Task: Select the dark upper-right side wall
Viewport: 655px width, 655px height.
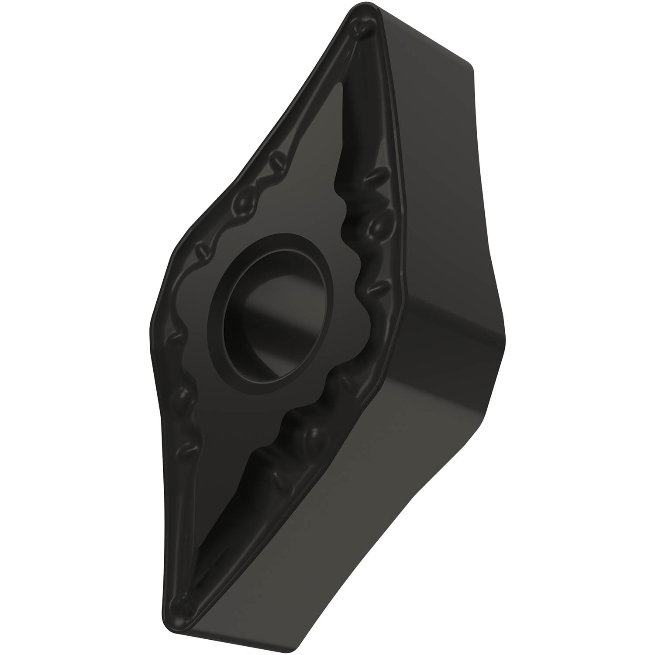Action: (x=437, y=175)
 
